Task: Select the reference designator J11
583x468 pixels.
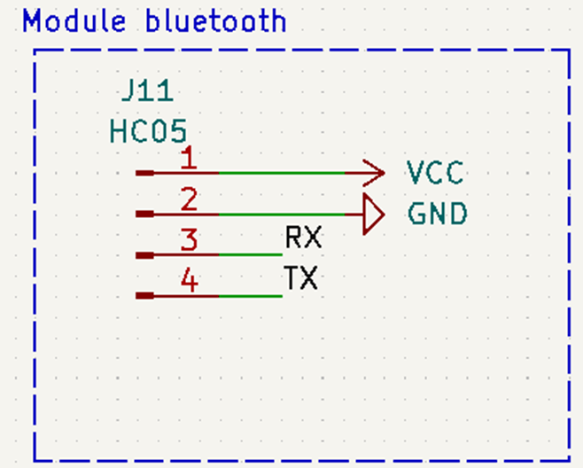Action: tap(146, 92)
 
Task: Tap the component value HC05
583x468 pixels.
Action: tap(148, 132)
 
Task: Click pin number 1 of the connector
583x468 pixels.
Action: tap(188, 160)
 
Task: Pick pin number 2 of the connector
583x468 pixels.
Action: tap(188, 200)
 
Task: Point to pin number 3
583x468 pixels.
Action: tap(188, 240)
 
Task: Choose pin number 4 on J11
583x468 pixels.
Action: tap(188, 281)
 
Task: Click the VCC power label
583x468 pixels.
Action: tap(435, 173)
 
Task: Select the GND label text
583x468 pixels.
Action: tap(437, 214)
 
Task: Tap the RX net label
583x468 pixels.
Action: tap(303, 238)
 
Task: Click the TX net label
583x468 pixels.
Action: tap(301, 280)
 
